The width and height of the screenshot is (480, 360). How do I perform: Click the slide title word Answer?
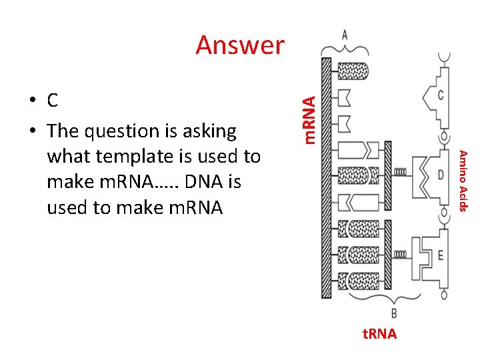click(x=240, y=45)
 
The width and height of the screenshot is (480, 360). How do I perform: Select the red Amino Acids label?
click(x=466, y=179)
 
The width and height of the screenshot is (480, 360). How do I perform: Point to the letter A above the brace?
click(x=343, y=34)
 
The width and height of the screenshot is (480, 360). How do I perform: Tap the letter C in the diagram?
click(x=440, y=95)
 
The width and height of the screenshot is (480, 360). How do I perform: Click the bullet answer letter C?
click(x=53, y=101)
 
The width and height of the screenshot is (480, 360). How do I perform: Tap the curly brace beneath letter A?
click(x=344, y=49)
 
